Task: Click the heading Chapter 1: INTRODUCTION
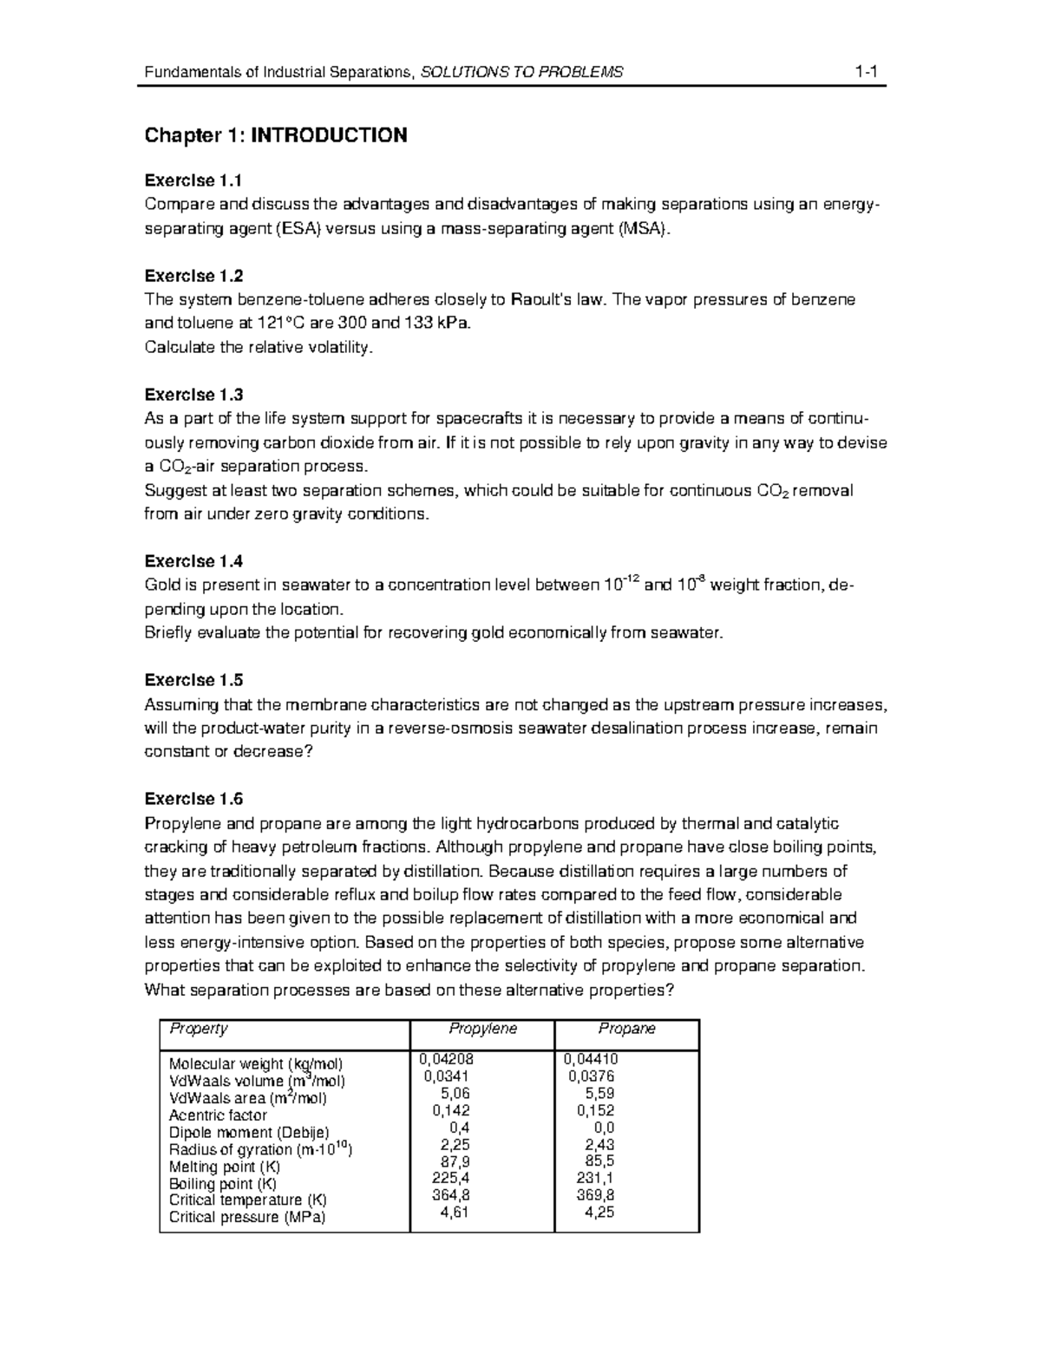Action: coord(275,135)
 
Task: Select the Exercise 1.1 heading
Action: coord(193,180)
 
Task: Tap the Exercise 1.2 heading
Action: coord(193,276)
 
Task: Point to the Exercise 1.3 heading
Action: coord(193,395)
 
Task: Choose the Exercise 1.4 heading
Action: coord(193,561)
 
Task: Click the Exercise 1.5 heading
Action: coord(193,680)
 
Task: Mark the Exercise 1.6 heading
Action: coord(193,799)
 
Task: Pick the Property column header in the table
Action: coord(198,1029)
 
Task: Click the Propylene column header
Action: coord(482,1029)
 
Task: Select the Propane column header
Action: coord(626,1029)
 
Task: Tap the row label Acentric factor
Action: coord(218,1115)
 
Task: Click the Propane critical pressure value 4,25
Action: coord(599,1213)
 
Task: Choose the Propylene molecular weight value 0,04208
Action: coord(447,1059)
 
